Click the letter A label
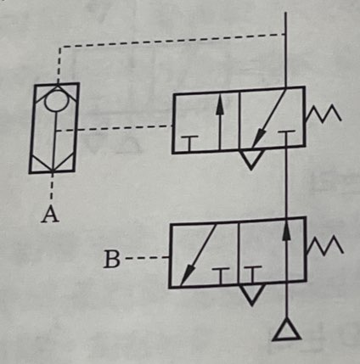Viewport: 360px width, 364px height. [x=50, y=214]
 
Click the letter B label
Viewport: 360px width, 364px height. [x=111, y=260]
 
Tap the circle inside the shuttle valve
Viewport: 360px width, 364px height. [x=57, y=100]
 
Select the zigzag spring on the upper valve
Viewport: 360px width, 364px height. [x=323, y=114]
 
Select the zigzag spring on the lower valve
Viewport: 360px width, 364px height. [x=325, y=245]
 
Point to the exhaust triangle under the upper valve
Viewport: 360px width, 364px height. [x=250, y=159]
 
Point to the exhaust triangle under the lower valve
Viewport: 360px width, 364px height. [x=252, y=294]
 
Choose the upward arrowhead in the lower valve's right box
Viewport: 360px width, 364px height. [x=287, y=231]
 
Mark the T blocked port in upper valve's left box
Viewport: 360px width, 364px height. [x=189, y=143]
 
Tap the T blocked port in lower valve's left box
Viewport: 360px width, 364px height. [x=221, y=276]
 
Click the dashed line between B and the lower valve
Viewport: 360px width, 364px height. [x=147, y=258]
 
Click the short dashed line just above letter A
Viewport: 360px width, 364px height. [x=52, y=187]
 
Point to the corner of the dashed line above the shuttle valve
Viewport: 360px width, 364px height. [x=60, y=47]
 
